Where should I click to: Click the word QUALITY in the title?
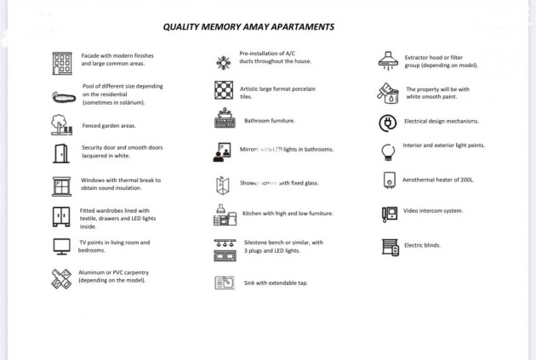tap(181, 26)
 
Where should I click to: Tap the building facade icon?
tap(62, 62)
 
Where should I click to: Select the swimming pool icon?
tap(63, 96)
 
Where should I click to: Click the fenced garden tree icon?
tap(61, 125)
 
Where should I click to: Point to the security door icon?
tap(61, 153)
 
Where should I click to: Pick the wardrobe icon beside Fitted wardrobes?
tap(61, 216)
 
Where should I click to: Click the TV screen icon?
tap(61, 247)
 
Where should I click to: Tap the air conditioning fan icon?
tap(224, 62)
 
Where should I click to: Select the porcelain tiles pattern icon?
tap(224, 90)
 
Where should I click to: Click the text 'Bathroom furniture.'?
tap(270, 121)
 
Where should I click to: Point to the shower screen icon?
tap(224, 184)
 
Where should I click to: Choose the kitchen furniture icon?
tap(224, 215)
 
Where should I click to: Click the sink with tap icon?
tap(224, 283)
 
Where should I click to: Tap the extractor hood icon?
tap(388, 60)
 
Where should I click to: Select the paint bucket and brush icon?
tap(388, 93)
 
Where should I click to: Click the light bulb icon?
tap(388, 151)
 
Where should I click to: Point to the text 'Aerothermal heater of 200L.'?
tap(438, 180)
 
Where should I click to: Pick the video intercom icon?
tap(389, 214)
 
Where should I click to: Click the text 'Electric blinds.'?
tap(422, 245)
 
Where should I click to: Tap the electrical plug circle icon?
tap(388, 123)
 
